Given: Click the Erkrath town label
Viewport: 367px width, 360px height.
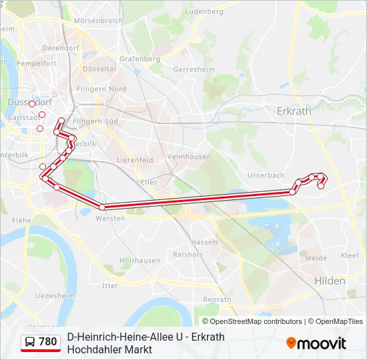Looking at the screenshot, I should pos(294,111).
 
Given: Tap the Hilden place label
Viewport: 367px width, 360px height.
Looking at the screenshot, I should pos(330,281).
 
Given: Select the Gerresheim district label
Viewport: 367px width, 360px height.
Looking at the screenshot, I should pos(192,69).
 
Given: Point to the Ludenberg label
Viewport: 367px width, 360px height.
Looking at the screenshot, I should pos(204,11).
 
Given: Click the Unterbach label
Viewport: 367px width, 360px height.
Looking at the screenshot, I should pos(266,175).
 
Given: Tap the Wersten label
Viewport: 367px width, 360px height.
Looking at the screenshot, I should pos(111,218).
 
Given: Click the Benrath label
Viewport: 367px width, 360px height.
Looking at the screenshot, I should pos(216,299).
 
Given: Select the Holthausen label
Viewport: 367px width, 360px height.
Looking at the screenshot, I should pos(139,260).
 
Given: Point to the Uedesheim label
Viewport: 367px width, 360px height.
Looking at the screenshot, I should pos(55,295).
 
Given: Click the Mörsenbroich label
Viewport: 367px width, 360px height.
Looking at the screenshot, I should pos(98,21).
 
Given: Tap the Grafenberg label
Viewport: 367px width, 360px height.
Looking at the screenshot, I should pos(140,58).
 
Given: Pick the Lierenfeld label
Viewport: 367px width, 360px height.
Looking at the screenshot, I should pos(135,160).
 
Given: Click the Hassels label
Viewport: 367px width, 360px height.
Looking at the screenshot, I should pos(204,241).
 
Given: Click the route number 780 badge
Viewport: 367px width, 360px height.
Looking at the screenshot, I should pos(47,342).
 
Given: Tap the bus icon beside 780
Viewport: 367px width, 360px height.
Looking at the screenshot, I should pos(30,342).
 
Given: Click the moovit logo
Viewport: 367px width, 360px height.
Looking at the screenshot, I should pos(316,343).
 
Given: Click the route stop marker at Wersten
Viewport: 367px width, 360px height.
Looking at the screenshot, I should pos(102,207).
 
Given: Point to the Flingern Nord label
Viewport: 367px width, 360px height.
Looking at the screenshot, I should pos(101,89).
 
